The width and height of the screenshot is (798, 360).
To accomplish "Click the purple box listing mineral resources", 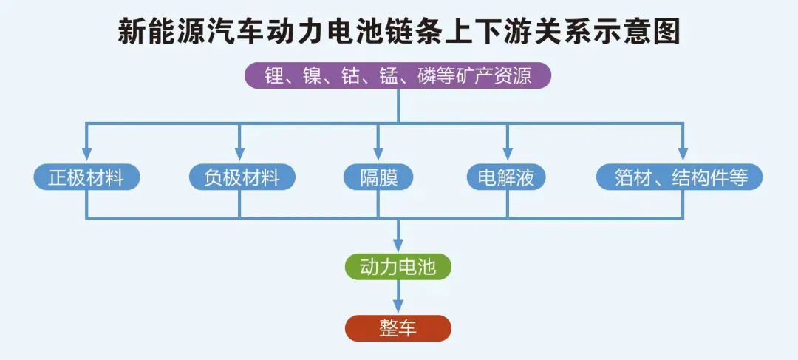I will (x=398, y=75).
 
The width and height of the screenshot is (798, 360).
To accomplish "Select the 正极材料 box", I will (x=86, y=177).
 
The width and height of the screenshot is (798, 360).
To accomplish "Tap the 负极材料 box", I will (x=241, y=177).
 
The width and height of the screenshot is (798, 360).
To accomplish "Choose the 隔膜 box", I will (x=378, y=177).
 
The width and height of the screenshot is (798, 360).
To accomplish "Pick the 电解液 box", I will (x=506, y=177).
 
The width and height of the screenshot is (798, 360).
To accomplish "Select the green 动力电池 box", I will (x=398, y=267).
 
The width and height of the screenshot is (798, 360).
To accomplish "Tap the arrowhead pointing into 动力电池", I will (x=398, y=245).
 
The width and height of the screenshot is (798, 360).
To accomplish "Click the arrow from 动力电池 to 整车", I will (x=398, y=299).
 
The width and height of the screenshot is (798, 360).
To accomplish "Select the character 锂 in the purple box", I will (x=274, y=75).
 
